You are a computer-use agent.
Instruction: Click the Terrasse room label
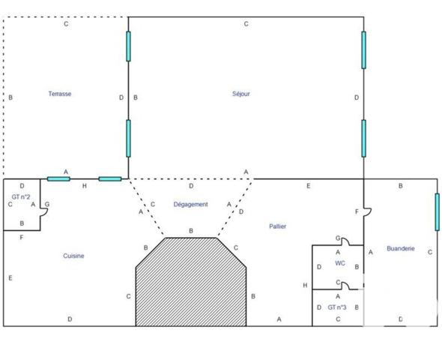(60, 94)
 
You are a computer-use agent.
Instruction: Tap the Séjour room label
(241, 94)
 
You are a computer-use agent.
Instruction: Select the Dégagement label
(190, 204)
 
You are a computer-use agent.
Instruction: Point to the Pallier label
(278, 226)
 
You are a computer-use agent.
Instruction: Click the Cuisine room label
(73, 256)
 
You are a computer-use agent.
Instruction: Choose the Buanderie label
(401, 248)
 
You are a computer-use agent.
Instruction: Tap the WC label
(340, 263)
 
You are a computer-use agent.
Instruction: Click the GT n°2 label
(21, 196)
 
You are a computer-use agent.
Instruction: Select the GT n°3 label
(337, 307)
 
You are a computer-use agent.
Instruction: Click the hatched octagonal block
(191, 282)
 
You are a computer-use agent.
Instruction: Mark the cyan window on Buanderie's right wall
(437, 212)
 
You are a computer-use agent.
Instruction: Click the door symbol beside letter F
(367, 212)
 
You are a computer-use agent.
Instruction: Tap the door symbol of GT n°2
(44, 212)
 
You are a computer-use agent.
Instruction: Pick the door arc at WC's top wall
(345, 241)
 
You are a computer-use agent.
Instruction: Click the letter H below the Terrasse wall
(85, 186)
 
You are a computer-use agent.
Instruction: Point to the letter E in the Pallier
(309, 186)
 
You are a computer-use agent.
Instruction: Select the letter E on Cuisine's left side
(10, 278)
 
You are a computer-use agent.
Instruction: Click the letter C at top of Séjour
(246, 24)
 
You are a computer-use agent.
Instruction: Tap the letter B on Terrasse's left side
(10, 97)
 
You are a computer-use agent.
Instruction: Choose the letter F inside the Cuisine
(22, 238)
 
